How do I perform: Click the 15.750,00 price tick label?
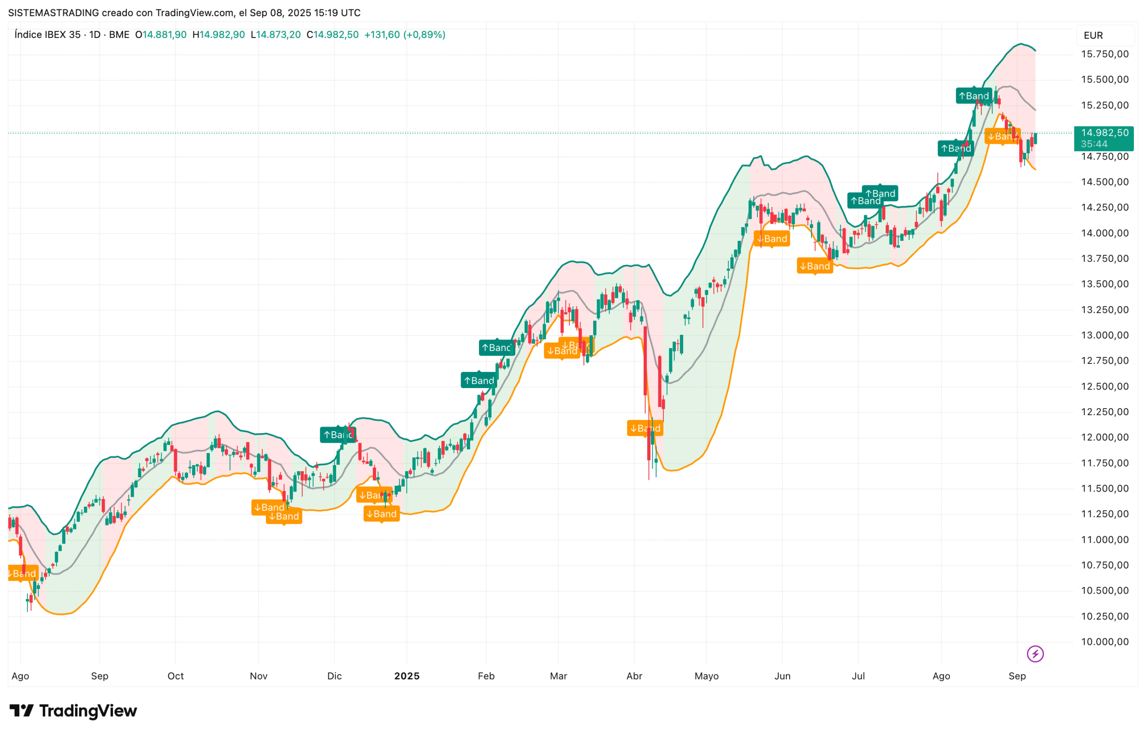click(1104, 54)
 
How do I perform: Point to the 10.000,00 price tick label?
click(1104, 641)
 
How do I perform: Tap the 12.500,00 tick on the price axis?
click(1104, 386)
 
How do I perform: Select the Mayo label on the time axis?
click(706, 676)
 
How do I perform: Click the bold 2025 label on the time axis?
click(406, 676)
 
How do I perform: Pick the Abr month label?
click(634, 676)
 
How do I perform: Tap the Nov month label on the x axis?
click(258, 676)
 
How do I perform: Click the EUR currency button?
click(1093, 35)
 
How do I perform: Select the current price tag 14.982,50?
click(1104, 132)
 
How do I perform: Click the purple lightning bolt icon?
click(1035, 654)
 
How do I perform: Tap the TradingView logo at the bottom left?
click(73, 711)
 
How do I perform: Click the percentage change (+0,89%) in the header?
click(424, 35)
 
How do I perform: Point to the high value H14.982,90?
click(218, 35)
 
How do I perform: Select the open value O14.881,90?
click(161, 35)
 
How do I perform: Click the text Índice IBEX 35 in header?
click(47, 35)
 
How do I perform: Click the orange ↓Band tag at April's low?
click(645, 428)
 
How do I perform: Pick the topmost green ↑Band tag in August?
click(973, 96)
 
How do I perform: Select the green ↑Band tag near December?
click(338, 435)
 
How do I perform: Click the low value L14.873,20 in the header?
click(275, 35)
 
